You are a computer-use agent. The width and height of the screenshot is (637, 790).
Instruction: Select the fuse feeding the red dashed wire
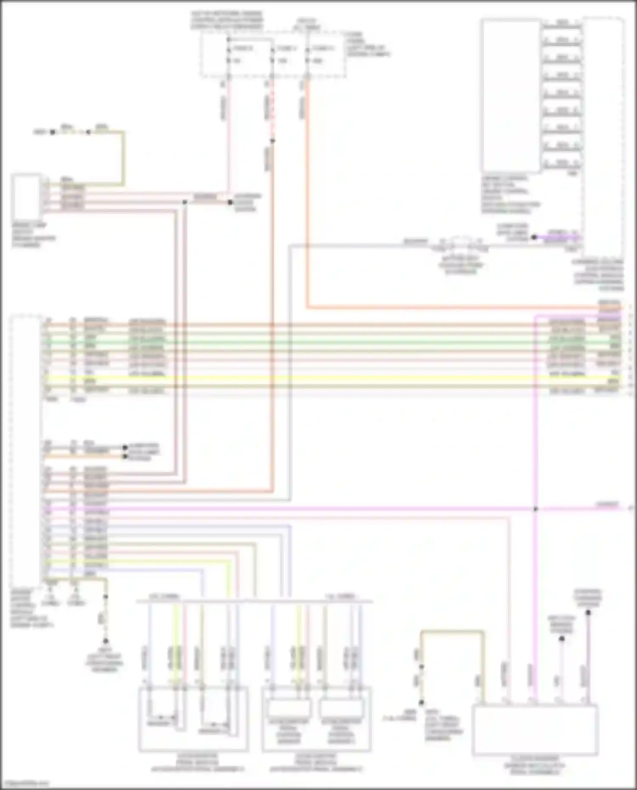pos(272,54)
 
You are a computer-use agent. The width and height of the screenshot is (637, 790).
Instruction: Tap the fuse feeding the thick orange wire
pos(307,54)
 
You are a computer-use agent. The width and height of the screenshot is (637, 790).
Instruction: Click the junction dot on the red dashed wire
pos(273,141)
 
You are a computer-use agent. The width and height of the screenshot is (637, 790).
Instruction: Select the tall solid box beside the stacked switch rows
pos(510,96)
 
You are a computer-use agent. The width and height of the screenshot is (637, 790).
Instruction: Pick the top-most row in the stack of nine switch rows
pos(562,22)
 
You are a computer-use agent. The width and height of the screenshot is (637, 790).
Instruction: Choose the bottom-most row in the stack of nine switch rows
pos(562,163)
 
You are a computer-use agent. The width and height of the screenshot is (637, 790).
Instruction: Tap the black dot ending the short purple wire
pos(534,237)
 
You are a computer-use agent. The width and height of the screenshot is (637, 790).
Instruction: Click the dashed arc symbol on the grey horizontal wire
pos(461,243)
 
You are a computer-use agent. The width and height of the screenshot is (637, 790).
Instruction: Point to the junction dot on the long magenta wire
pos(536,509)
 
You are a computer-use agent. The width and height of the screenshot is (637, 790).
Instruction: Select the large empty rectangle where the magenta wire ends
pos(535,730)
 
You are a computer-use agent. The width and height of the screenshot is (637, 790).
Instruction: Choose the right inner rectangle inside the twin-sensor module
pos(341,708)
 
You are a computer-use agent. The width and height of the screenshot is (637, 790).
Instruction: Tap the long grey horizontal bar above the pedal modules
pos(255,601)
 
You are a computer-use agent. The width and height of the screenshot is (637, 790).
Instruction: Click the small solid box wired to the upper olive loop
pos(26,196)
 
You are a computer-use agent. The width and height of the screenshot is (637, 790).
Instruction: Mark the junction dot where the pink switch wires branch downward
pos(185,202)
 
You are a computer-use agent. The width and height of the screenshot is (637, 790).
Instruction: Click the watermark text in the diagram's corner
pos(25,783)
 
